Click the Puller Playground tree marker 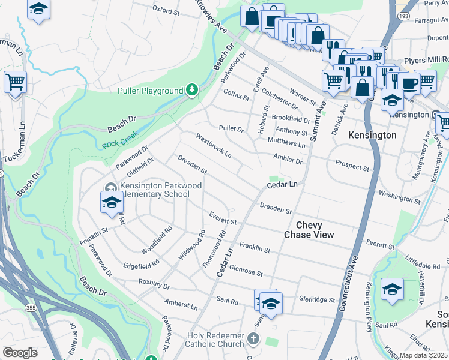click(191, 90)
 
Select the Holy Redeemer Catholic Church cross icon click(253, 340)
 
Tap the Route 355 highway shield click(29, 307)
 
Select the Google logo click(20, 353)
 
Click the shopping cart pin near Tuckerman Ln click(15, 82)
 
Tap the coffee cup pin click(410, 83)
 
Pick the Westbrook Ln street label click(213, 146)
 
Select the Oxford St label click(166, 11)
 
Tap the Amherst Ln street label click(181, 305)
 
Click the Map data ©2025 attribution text click(424, 355)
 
